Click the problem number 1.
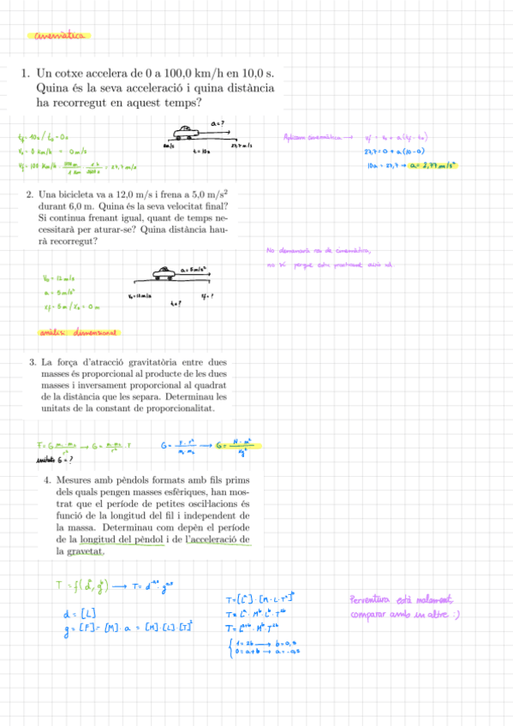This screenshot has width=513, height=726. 26,74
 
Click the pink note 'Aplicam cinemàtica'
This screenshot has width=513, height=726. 313,136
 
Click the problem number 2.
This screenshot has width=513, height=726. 30,195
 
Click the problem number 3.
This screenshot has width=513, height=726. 33,362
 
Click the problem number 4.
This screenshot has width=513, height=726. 48,481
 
